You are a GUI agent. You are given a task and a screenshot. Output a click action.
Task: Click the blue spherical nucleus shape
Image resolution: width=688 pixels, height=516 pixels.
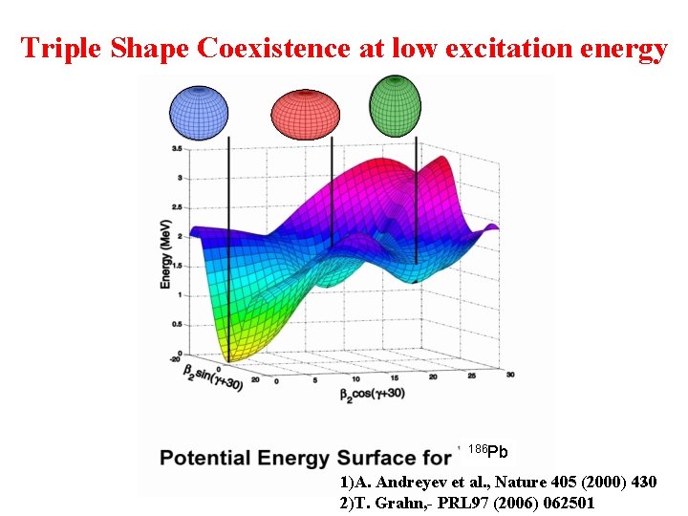point(199,112)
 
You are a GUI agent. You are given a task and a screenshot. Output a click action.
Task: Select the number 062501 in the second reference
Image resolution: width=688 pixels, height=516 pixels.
point(563,502)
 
